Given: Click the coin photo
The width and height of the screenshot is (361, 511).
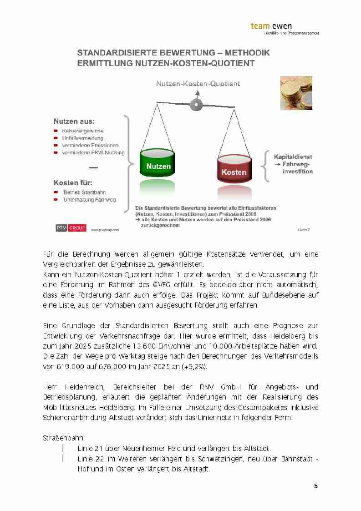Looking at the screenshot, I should (x=296, y=93).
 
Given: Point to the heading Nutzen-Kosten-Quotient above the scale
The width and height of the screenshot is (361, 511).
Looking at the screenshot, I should (x=198, y=84).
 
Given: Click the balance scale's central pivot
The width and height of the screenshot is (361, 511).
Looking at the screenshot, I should (x=197, y=104).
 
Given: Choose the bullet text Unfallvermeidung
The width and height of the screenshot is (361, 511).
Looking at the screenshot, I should (x=83, y=138).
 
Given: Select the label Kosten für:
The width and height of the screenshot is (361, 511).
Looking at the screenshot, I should (x=73, y=183).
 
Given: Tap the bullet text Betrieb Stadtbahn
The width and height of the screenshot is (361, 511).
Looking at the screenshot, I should (x=85, y=192).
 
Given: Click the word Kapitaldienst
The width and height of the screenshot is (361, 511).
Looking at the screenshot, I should (x=293, y=157).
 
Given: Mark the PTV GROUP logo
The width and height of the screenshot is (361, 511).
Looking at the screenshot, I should (x=71, y=228).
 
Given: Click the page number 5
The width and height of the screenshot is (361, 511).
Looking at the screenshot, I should (x=315, y=486).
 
